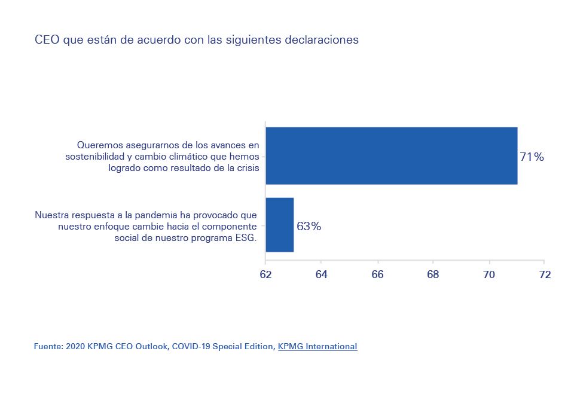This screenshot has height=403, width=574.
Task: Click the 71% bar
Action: [x=391, y=155]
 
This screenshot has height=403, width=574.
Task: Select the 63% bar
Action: [x=279, y=225]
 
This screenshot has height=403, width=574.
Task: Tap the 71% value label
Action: [x=532, y=157]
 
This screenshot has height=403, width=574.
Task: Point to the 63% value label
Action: [x=309, y=227]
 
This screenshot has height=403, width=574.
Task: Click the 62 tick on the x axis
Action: [x=265, y=274]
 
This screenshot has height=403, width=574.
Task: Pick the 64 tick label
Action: [x=321, y=274]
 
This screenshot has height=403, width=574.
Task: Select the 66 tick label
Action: [x=377, y=274]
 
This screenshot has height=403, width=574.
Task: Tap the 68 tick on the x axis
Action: [x=433, y=274]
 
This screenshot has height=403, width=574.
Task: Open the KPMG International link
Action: [x=317, y=346]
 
